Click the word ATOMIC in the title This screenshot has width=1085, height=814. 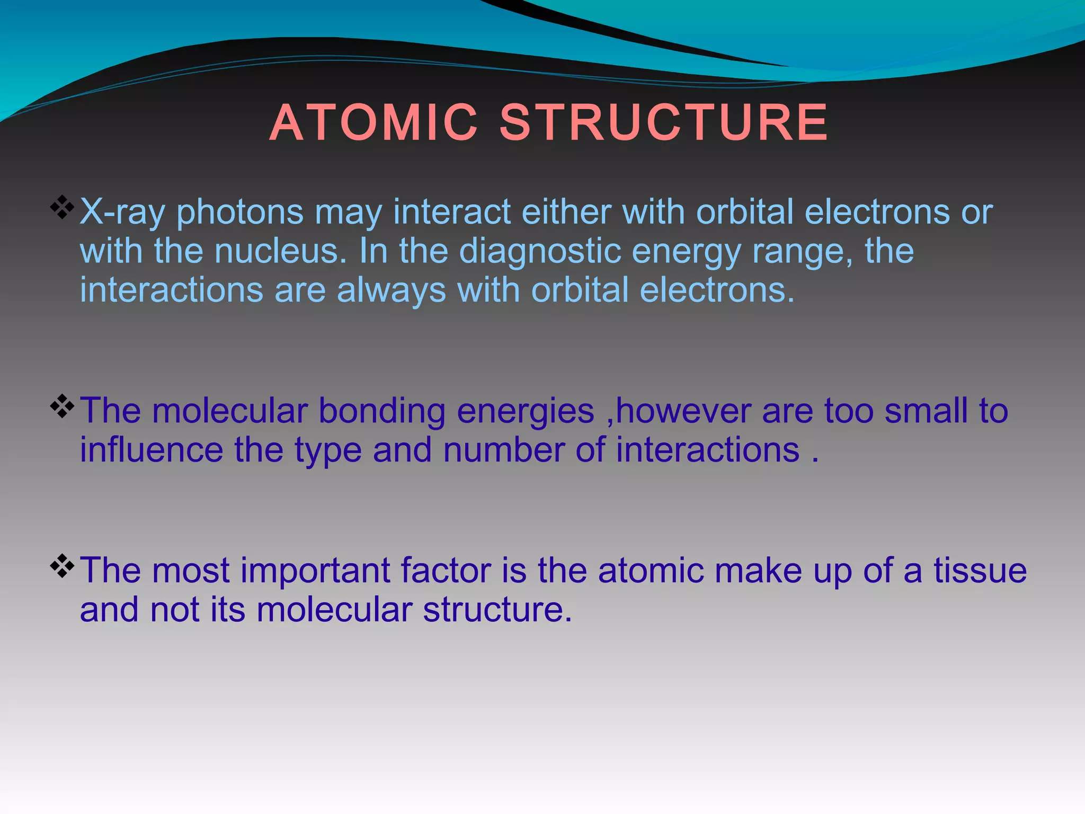[x=373, y=123]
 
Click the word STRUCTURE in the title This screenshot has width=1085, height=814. [x=664, y=123]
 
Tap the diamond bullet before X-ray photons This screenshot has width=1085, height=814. [x=62, y=207]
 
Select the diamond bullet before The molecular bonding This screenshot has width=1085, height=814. [x=62, y=406]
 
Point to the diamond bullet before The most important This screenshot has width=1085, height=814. [x=62, y=565]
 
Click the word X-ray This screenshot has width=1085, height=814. [x=122, y=213]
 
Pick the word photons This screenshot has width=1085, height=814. [x=240, y=213]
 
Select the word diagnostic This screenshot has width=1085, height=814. [x=540, y=252]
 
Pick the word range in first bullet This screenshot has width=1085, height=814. [x=802, y=252]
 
